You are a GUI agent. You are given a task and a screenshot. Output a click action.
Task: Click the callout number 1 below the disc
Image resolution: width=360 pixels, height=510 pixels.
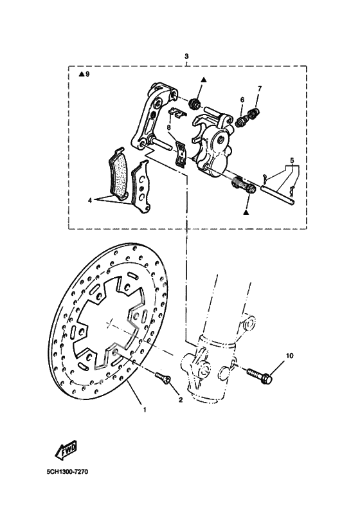(x=144, y=410)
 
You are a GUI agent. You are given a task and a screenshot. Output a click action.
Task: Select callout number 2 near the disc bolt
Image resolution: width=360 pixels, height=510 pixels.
(x=181, y=400)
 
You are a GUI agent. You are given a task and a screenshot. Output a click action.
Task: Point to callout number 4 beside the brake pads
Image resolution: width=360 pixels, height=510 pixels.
(x=91, y=201)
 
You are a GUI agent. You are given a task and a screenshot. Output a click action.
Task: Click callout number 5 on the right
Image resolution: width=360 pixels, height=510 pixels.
(x=291, y=159)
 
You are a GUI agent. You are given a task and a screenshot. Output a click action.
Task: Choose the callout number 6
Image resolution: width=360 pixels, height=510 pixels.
(x=242, y=100)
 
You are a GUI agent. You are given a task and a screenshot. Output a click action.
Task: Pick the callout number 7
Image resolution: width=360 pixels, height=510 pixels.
(x=260, y=88)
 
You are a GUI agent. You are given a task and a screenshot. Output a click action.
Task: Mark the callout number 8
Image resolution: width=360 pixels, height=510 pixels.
(x=168, y=128)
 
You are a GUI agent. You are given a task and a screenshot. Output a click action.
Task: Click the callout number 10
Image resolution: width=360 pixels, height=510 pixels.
(x=289, y=356)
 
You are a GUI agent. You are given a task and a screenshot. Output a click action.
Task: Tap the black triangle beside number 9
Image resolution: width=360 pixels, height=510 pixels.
(x=81, y=75)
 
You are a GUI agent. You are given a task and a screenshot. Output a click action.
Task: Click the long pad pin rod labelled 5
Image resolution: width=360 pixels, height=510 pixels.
(x=276, y=192)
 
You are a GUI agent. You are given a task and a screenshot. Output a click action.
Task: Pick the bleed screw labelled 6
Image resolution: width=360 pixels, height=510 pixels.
(x=242, y=120)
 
